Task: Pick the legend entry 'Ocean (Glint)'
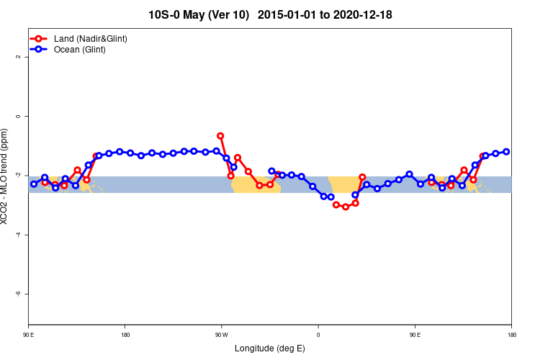80,50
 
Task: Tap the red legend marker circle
40,38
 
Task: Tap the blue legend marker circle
40,50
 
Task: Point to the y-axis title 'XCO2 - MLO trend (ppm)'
6,176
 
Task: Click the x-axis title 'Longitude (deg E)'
270,348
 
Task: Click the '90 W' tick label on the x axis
221,335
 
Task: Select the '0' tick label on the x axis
318,335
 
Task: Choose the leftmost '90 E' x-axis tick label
29,335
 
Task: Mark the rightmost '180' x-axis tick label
511,335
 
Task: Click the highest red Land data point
220,135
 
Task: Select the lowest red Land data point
346,207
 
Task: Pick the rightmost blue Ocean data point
506,151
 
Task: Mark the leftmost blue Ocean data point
33,184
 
